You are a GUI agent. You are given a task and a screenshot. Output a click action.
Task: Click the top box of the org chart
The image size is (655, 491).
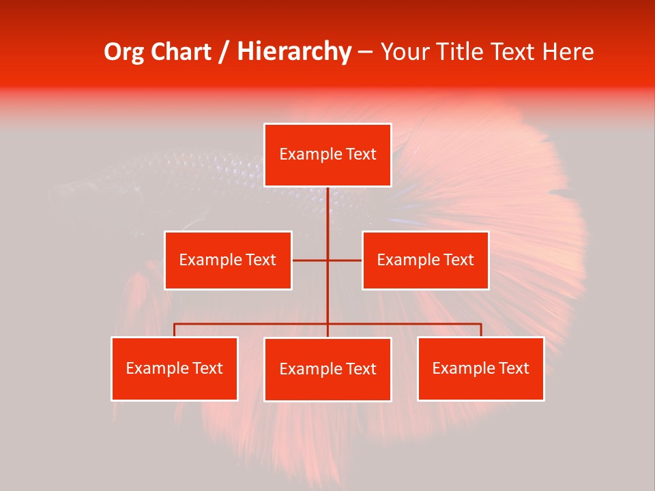point(327,155)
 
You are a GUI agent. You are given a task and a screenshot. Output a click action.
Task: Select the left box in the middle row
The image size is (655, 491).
point(228,260)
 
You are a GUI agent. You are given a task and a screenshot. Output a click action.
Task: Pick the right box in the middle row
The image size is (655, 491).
point(425,260)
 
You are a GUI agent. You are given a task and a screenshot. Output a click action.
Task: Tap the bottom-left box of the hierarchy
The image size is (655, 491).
point(175,368)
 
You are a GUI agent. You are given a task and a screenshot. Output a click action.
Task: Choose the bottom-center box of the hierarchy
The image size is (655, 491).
point(327,369)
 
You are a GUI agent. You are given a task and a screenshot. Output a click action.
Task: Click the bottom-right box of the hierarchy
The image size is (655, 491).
point(480,368)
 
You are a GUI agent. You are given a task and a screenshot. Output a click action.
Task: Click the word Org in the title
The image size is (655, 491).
point(123,52)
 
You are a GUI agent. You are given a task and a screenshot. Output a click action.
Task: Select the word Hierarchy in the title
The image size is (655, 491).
point(294,52)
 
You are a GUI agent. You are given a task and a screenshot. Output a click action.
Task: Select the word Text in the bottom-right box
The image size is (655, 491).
point(514,368)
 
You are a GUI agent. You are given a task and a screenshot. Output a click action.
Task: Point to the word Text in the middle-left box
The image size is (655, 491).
point(261,260)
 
